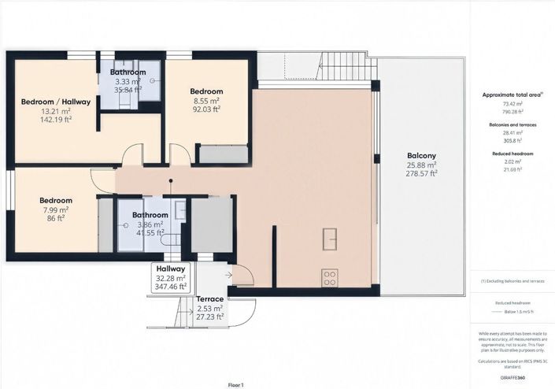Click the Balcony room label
[416, 154]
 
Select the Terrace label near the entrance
[209, 299]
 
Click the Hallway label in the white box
[171, 269]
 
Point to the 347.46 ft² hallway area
[171, 287]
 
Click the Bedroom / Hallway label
[56, 102]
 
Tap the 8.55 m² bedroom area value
[208, 101]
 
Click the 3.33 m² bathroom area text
[128, 81]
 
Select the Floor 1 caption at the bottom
[236, 383]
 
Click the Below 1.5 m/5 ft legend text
[513, 311]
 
